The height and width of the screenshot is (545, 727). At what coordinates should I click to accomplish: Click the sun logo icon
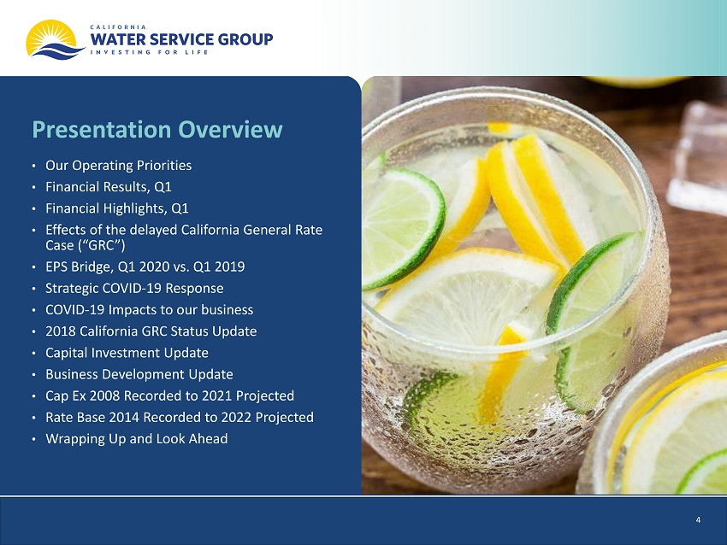coord(55,40)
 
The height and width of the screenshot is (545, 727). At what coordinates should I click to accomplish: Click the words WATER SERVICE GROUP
coord(181,39)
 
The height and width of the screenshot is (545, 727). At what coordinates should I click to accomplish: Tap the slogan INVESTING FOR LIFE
coord(149,52)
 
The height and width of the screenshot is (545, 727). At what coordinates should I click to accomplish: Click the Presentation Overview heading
coord(157,129)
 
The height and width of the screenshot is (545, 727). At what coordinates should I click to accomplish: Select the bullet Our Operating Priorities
coord(118,166)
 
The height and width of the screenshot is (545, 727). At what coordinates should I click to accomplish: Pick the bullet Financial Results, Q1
coord(109,186)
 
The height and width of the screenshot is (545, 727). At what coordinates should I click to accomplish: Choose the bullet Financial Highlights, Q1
coord(117,208)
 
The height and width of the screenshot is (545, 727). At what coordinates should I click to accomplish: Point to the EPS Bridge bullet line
coord(145,267)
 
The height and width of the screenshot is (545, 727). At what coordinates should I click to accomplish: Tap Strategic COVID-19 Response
coord(134,288)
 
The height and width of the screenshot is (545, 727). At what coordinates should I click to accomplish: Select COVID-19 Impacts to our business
coord(150,310)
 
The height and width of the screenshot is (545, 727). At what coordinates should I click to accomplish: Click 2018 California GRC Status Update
coord(151,331)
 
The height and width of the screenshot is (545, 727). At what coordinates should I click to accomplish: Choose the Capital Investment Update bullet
coord(127,353)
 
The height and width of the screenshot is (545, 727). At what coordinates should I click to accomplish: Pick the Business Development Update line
coord(139,374)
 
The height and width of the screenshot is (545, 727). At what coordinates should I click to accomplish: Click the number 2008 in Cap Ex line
coord(105,396)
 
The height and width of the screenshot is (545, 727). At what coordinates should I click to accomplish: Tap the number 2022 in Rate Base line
coord(236,417)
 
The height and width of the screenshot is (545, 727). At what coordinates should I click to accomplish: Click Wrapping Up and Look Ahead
coord(136,439)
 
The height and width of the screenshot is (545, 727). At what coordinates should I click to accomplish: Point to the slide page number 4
coord(698,520)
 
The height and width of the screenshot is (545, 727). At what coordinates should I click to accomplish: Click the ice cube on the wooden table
coord(696,157)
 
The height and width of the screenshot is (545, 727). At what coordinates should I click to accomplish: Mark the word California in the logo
coord(118,27)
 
